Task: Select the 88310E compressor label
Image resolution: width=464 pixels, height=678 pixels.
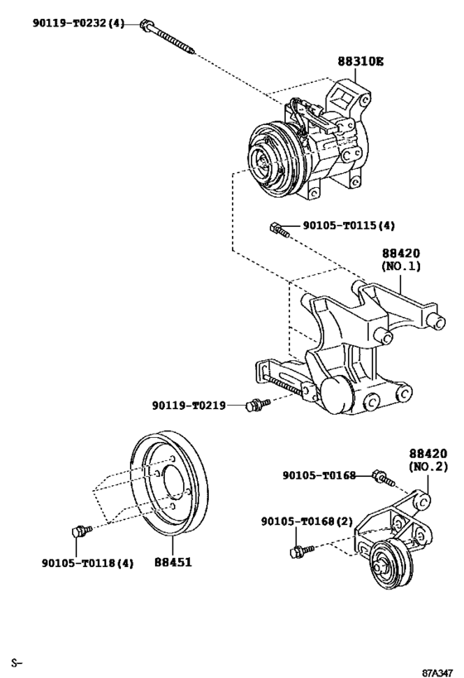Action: tap(360, 61)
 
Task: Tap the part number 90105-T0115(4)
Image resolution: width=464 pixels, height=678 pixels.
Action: tap(349, 225)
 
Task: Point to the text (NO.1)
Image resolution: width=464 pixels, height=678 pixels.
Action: tap(402, 267)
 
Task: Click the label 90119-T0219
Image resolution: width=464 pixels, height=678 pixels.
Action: tap(188, 405)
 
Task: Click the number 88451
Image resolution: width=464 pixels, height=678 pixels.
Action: tap(172, 562)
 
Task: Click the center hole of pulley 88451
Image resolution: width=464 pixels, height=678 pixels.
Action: tap(176, 487)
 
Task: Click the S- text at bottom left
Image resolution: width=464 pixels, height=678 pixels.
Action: tap(16, 662)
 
